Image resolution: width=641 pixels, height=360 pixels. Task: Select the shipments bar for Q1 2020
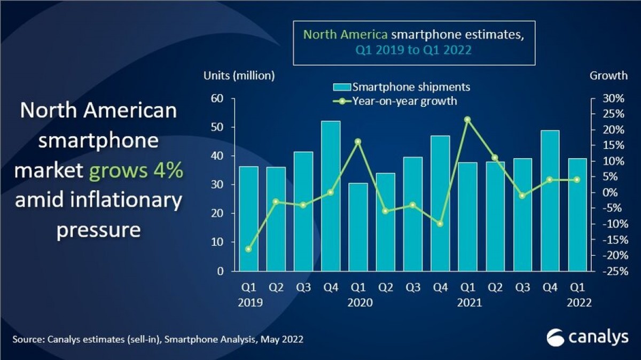coord(358,227)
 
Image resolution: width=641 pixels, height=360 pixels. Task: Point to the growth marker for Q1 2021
coord(467,120)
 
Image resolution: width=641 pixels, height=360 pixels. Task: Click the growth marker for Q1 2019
coord(248,249)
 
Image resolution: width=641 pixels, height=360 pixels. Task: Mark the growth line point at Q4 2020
coord(440,224)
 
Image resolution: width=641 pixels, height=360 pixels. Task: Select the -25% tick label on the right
coord(613,271)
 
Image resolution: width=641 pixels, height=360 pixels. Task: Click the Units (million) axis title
coord(239,75)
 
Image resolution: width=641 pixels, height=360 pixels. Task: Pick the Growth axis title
coord(608,75)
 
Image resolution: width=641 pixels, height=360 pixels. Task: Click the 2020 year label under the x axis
coord(358,302)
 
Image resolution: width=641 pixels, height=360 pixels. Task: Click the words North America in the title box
coord(346,35)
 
